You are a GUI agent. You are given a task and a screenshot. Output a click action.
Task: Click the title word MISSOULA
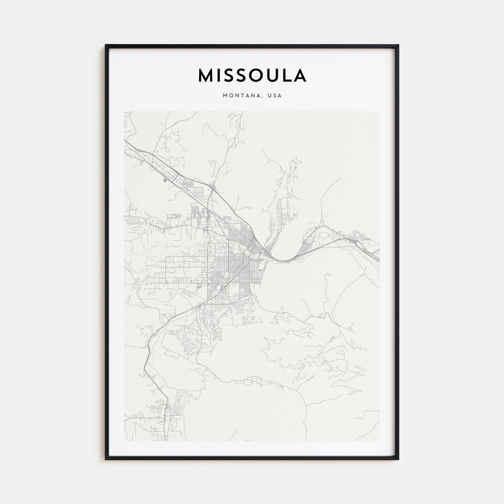point(252,75)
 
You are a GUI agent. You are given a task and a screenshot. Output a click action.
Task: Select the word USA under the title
point(274,96)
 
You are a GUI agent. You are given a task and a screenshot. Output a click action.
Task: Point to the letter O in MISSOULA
point(252,75)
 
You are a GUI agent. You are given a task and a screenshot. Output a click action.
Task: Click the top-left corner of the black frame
point(106,45)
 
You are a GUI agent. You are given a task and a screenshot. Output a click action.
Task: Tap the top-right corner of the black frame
point(398,45)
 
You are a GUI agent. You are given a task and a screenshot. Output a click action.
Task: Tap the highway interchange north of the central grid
point(212,187)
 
